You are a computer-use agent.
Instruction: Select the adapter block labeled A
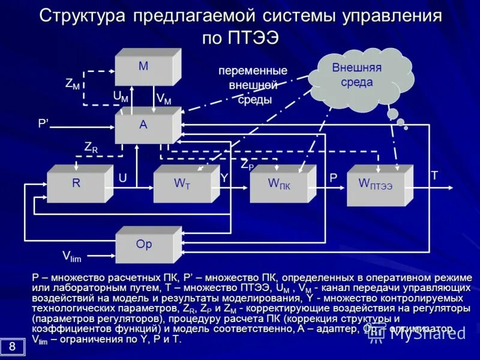(x=144, y=125)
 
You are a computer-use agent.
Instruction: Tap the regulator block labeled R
(x=77, y=184)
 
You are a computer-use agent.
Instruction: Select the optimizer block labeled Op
(x=144, y=245)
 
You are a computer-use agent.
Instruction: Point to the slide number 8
(x=12, y=346)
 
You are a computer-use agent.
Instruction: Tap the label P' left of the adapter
(x=44, y=123)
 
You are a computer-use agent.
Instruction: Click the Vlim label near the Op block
(x=71, y=256)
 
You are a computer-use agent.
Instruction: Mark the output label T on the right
(x=434, y=175)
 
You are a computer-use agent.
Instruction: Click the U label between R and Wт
(x=123, y=178)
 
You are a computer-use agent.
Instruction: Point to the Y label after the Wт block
(x=224, y=178)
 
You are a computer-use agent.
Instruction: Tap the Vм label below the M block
(x=163, y=98)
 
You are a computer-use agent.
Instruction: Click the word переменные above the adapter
(x=253, y=71)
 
